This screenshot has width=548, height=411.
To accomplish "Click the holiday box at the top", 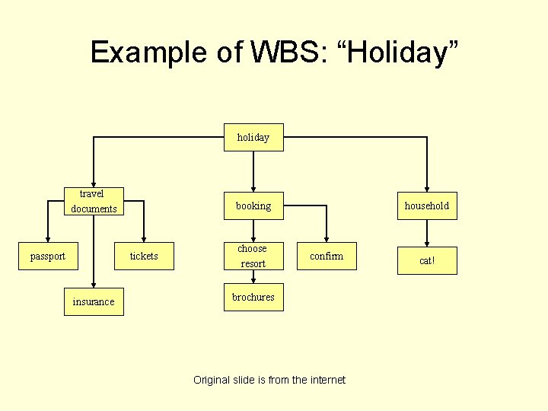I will click(253, 138).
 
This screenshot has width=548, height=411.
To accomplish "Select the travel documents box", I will click(94, 202).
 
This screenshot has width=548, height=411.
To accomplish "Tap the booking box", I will click(253, 206).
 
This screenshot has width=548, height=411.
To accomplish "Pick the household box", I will click(427, 206).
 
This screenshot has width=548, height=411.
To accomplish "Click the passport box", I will click(47, 256).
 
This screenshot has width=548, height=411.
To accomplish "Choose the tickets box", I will click(143, 256).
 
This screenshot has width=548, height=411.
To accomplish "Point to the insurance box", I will click(94, 301).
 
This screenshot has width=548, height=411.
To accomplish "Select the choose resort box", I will click(253, 256).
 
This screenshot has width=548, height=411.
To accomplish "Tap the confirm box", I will click(327, 256).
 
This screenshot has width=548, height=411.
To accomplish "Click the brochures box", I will click(253, 298).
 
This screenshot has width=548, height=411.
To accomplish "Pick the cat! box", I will click(427, 260).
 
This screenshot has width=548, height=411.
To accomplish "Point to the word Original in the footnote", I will click(214, 380).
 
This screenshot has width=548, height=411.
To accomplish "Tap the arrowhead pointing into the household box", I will click(427, 188).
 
